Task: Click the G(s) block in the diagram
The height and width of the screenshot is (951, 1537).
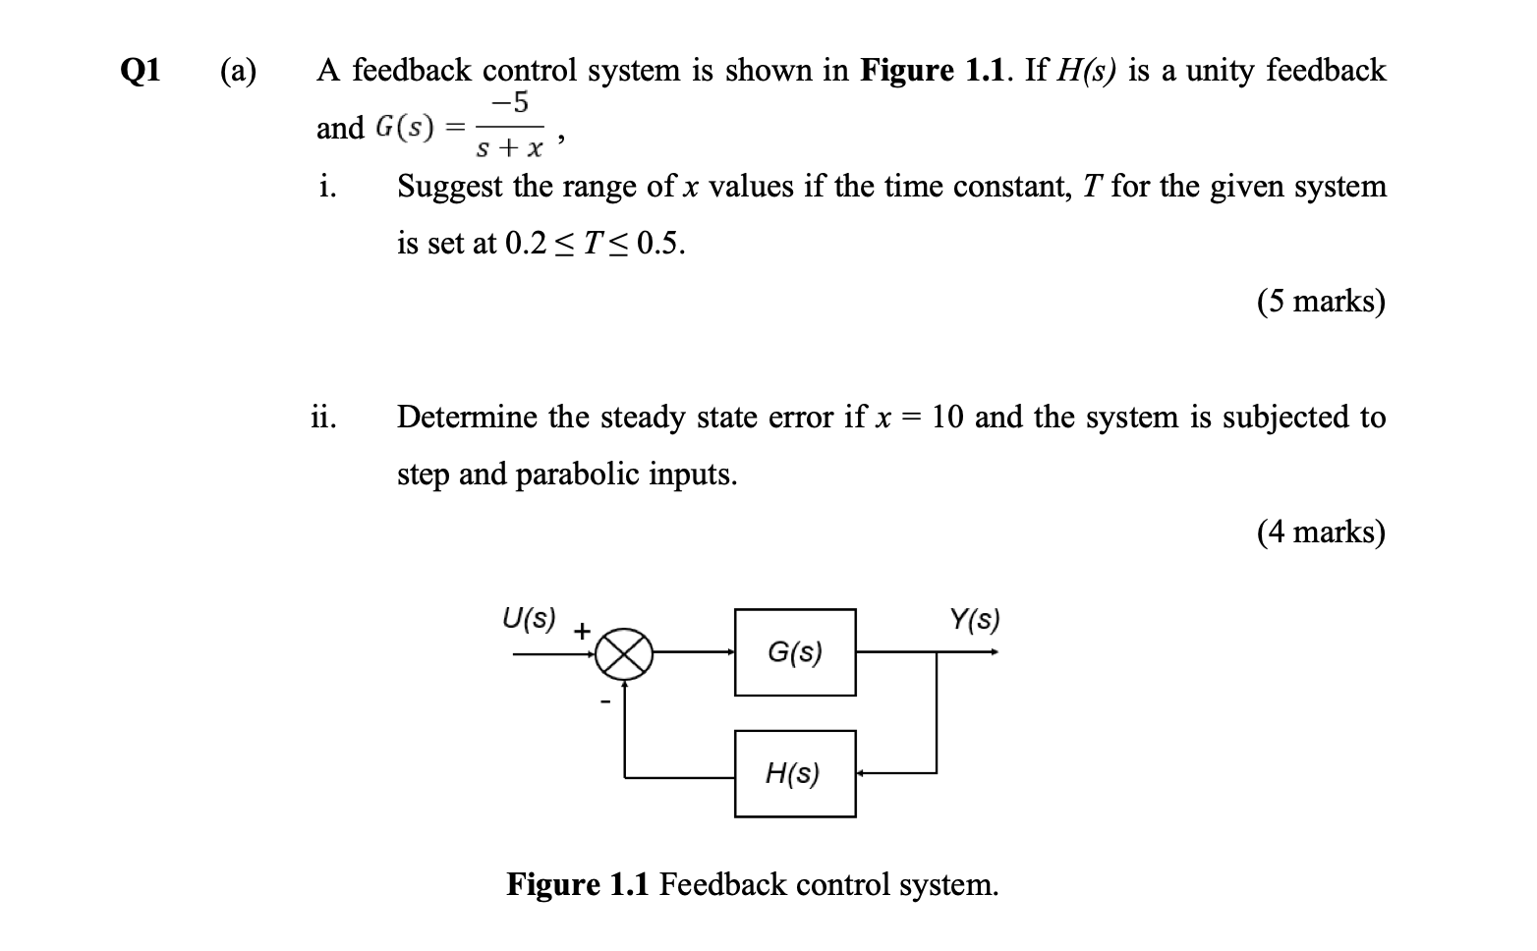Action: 795,652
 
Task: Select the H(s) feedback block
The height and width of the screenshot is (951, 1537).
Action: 795,774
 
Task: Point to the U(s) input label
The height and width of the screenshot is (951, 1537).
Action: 529,619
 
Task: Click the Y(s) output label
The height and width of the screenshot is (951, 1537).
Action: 974,620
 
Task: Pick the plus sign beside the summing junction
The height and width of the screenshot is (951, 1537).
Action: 582,631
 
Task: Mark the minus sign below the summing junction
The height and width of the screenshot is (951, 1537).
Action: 605,700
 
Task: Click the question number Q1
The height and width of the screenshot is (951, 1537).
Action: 141,71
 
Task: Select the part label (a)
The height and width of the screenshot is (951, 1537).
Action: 238,71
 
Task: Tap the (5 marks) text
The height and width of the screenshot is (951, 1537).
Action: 1321,301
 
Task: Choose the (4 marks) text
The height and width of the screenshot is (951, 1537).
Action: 1321,532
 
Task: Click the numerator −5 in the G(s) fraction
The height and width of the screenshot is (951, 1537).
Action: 510,101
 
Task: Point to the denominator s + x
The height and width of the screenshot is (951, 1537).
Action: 509,149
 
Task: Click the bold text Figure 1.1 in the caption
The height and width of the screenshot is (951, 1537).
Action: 578,884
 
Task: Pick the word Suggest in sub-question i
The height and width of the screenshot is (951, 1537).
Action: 450,187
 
